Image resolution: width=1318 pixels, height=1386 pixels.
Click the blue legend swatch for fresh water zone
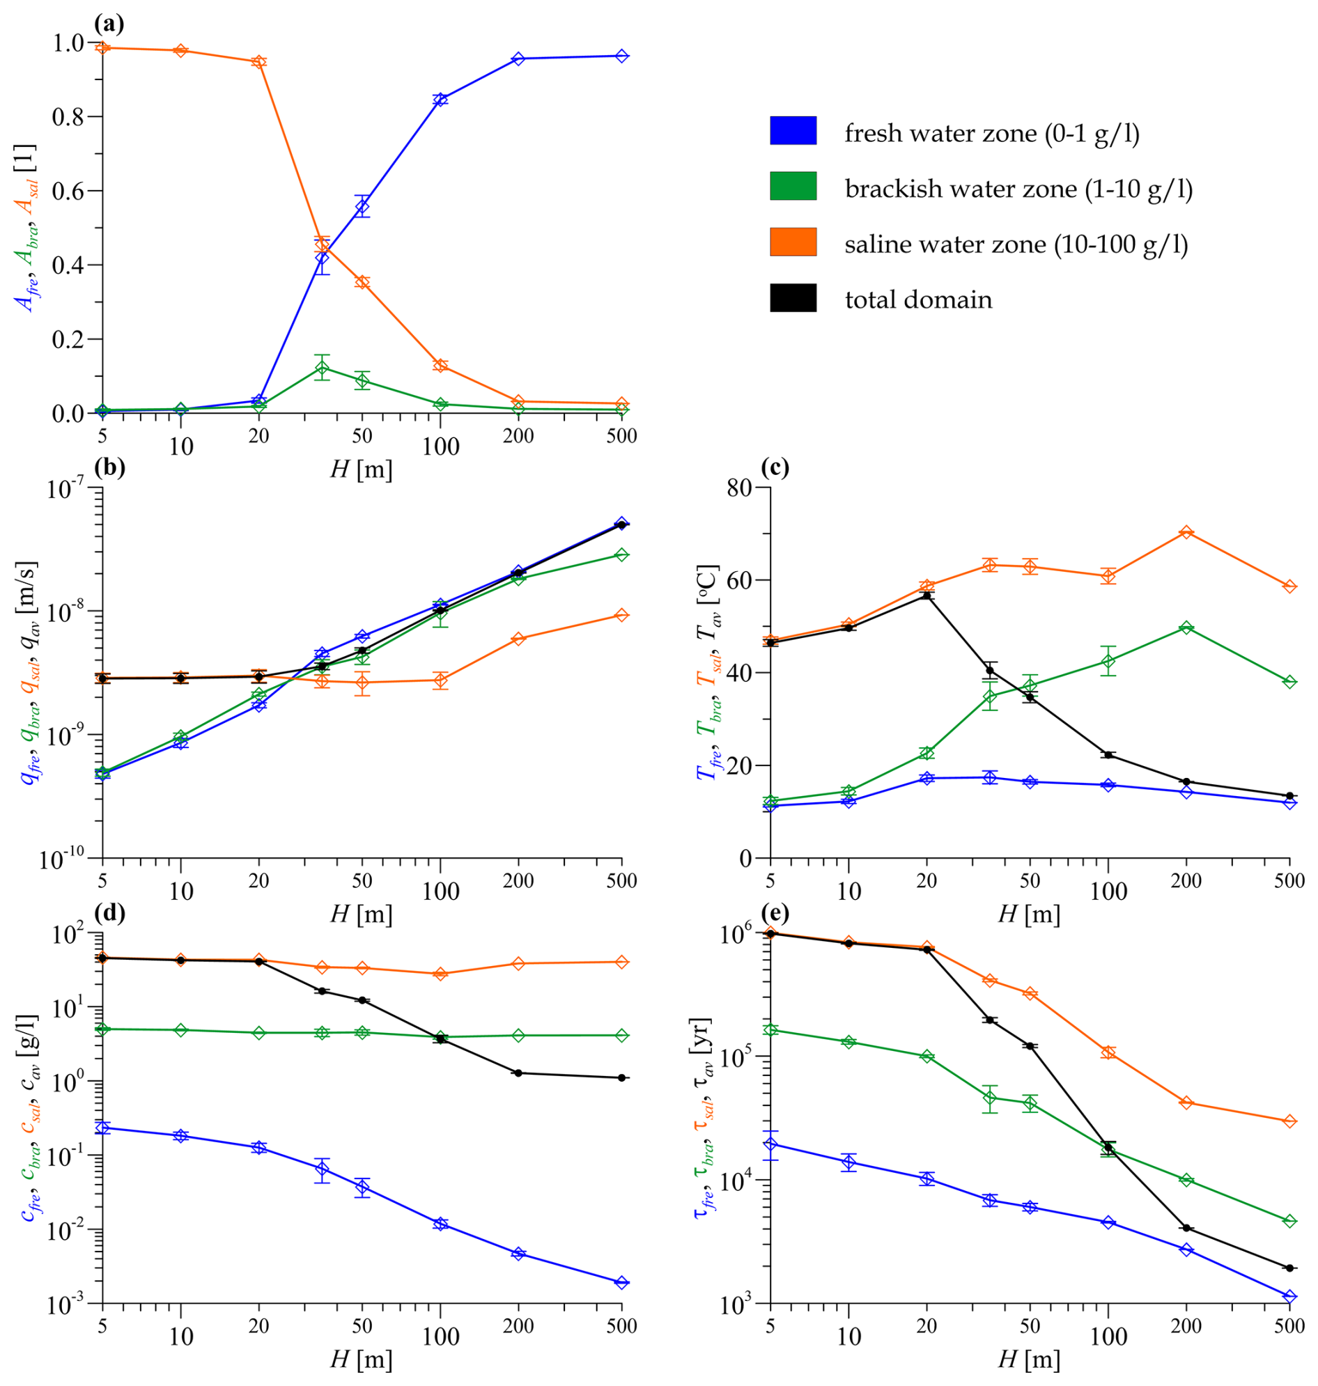(793, 131)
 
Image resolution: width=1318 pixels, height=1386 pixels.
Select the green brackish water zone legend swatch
(793, 186)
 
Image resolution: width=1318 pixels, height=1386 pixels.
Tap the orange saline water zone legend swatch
(793, 242)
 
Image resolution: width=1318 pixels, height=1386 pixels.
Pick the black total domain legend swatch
(793, 298)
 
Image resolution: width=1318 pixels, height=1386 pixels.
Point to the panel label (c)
(775, 468)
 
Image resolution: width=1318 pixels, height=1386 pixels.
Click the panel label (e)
(775, 913)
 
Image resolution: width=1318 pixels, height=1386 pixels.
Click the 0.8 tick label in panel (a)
(69, 116)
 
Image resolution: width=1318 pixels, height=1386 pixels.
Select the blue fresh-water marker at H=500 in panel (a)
(622, 56)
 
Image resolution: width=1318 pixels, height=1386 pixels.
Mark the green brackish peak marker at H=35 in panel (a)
(322, 368)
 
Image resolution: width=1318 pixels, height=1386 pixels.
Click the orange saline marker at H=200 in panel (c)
(1186, 532)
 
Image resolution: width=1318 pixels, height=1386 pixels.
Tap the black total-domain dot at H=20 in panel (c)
(927, 595)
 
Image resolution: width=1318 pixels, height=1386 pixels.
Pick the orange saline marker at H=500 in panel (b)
(622, 616)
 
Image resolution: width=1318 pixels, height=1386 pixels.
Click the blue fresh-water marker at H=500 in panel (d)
(622, 1283)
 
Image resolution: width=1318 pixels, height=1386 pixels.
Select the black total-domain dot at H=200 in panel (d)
(518, 1073)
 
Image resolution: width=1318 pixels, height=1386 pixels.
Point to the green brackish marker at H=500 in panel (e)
(1290, 1221)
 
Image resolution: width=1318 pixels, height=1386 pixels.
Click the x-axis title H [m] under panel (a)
(361, 469)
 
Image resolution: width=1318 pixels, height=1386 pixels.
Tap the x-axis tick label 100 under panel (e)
(1108, 1336)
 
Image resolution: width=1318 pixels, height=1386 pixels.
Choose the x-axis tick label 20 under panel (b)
(258, 881)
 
